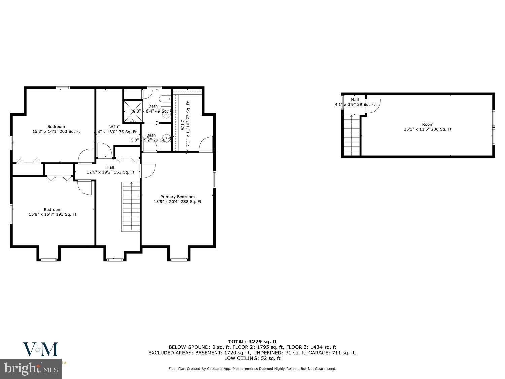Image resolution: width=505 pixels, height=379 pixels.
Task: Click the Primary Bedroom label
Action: click(x=177, y=197)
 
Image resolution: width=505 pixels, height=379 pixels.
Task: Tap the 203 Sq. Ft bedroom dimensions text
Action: click(x=56, y=132)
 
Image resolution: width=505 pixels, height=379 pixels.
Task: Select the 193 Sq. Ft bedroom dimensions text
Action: click(x=53, y=214)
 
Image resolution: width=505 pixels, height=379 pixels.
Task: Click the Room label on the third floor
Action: click(x=428, y=124)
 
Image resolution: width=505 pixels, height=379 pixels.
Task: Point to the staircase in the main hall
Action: click(x=131, y=206)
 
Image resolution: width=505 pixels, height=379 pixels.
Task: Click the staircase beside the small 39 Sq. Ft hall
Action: click(x=352, y=135)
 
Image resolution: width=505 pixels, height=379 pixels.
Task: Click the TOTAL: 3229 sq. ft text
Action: click(x=252, y=342)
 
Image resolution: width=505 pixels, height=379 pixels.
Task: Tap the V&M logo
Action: click(x=40, y=349)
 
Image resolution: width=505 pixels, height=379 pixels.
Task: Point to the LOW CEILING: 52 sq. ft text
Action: click(x=252, y=358)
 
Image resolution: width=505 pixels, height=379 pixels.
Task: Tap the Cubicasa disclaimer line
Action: click(x=252, y=369)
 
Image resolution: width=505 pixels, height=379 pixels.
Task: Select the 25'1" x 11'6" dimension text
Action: click(x=428, y=129)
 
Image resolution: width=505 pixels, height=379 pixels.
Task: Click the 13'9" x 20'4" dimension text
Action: click(x=177, y=202)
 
